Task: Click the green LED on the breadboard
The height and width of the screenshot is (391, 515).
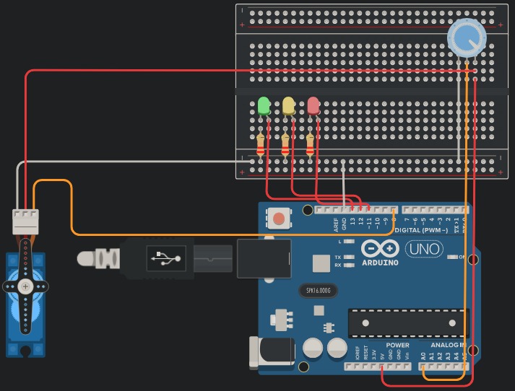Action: [x=264, y=106]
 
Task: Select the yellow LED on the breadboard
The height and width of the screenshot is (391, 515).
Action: [x=288, y=106]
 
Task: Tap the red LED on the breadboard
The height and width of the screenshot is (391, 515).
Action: [x=313, y=106]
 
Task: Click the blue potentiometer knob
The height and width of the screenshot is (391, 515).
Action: [x=467, y=37]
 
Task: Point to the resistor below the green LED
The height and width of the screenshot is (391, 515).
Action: [x=261, y=146]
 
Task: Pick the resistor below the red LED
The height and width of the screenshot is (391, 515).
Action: [x=311, y=146]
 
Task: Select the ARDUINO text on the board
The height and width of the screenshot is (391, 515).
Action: [x=381, y=263]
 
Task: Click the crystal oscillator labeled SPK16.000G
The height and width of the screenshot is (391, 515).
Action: [x=318, y=291]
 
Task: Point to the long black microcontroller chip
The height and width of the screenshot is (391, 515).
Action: [x=408, y=322]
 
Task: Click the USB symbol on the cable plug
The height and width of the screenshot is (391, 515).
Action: [x=167, y=258]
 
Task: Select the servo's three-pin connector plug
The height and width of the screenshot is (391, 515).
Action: [x=25, y=221]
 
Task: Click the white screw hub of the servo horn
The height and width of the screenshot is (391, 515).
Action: [x=25, y=286]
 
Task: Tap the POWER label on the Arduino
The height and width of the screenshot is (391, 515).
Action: [x=397, y=346]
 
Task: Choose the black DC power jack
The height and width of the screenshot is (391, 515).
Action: [x=271, y=353]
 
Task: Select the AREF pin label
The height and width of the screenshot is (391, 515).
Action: [x=336, y=224]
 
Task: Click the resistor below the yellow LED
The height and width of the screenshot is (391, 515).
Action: [x=285, y=146]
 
